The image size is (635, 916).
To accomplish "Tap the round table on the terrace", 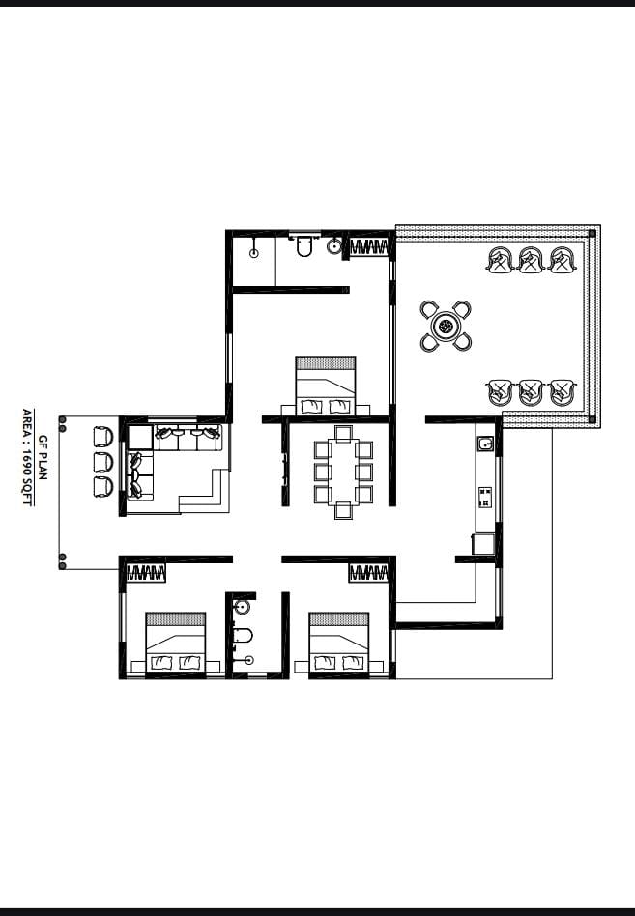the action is pyautogui.click(x=446, y=326).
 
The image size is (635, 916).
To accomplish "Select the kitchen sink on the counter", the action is pyautogui.click(x=485, y=444).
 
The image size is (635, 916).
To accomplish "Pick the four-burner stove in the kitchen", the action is pyautogui.click(x=485, y=498).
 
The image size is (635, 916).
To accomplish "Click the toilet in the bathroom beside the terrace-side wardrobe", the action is pyautogui.click(x=304, y=246).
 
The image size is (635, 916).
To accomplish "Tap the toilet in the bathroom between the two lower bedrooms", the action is pyautogui.click(x=242, y=635).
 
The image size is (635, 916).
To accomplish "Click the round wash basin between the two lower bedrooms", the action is pyautogui.click(x=242, y=607).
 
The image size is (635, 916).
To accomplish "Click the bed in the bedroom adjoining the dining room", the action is pyautogui.click(x=326, y=386).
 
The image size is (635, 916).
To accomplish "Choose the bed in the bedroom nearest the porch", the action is pyautogui.click(x=175, y=642).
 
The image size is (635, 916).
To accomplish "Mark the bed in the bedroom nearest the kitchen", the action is pyautogui.click(x=339, y=642).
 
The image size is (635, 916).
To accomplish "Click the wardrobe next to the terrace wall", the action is pyautogui.click(x=368, y=247).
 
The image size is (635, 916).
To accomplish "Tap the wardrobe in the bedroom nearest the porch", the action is pyautogui.click(x=146, y=572).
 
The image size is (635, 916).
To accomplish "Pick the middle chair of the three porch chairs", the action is pyautogui.click(x=102, y=462).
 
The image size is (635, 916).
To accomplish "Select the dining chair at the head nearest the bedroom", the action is pyautogui.click(x=343, y=434).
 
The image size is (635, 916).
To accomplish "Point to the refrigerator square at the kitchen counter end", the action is pyautogui.click(x=483, y=543).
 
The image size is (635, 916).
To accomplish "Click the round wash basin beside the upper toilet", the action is pyautogui.click(x=334, y=246).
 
